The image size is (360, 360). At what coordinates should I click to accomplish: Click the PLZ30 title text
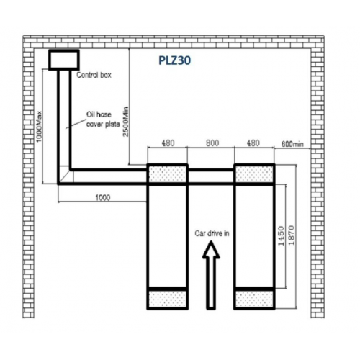[x=175, y=60]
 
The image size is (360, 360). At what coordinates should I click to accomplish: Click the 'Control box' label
[x=94, y=75]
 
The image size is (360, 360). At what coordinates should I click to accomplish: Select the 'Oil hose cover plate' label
[x=103, y=120]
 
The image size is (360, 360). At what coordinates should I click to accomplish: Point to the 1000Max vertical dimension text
[x=39, y=126]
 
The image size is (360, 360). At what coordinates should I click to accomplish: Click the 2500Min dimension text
[x=126, y=122]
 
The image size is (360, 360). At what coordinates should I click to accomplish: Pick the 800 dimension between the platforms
[x=212, y=143]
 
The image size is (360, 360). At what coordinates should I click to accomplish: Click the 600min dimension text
[x=292, y=144]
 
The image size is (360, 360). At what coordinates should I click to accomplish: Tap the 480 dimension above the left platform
[x=168, y=143]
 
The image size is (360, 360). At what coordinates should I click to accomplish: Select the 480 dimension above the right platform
[x=253, y=143]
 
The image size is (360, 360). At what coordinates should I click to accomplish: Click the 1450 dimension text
[x=281, y=236]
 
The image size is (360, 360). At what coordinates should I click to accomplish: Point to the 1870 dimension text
[x=291, y=235]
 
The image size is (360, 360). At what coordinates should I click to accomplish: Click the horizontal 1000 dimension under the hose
[x=103, y=198]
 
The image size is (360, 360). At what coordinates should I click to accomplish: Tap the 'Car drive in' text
[x=212, y=233]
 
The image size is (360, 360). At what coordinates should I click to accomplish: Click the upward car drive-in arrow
[x=211, y=275]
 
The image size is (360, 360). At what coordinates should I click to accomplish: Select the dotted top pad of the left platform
[x=168, y=174]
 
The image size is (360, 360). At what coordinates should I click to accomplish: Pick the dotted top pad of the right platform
[x=254, y=174]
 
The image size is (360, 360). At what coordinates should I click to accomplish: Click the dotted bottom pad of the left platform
[x=168, y=299]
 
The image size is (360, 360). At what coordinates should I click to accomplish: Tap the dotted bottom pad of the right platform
[x=254, y=299]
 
